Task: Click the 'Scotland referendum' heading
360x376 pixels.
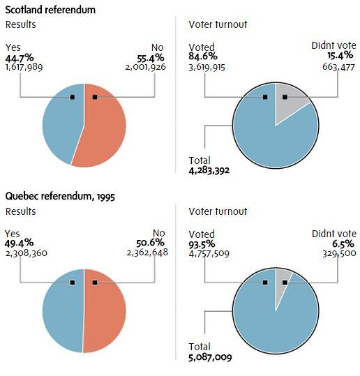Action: [50, 10]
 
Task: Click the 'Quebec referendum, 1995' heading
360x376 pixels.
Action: [61, 196]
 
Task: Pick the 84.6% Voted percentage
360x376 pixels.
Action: [203, 58]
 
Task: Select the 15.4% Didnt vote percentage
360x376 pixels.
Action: [342, 58]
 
